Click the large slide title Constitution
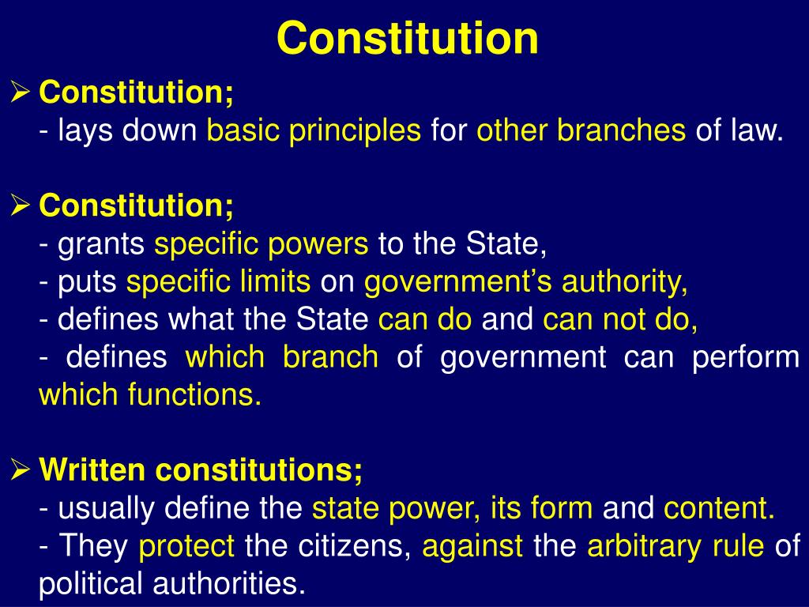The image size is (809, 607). (x=408, y=38)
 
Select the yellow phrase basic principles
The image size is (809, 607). (x=314, y=131)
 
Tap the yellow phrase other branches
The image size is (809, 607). (x=581, y=131)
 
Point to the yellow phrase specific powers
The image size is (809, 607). (x=262, y=245)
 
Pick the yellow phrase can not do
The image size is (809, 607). (x=620, y=320)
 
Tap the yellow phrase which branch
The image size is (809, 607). (x=282, y=357)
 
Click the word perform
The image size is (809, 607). (x=746, y=357)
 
